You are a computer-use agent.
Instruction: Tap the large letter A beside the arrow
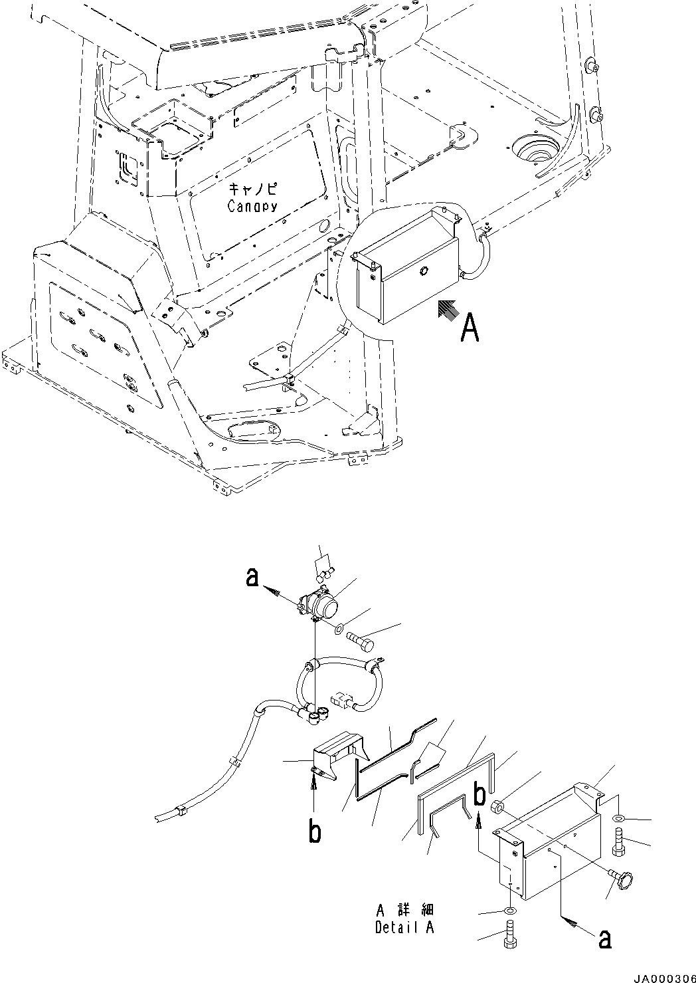click(x=469, y=328)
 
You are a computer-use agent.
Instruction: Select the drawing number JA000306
click(x=657, y=974)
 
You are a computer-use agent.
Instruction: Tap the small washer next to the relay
click(x=339, y=629)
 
